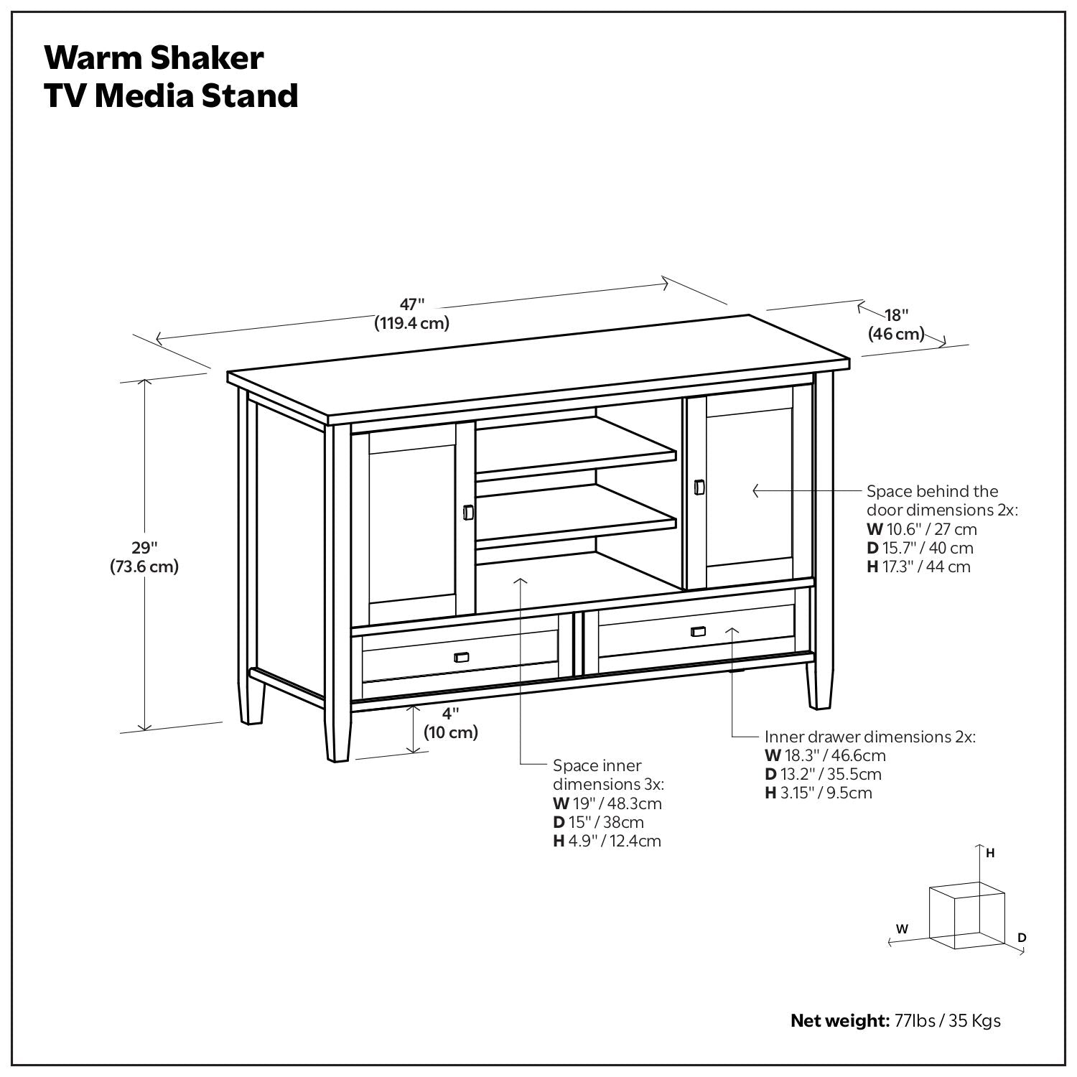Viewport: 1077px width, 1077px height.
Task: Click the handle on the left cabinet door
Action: pyautogui.click(x=468, y=512)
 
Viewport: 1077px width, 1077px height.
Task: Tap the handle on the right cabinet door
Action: pyautogui.click(x=699, y=487)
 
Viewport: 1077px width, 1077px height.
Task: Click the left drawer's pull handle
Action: pyautogui.click(x=462, y=658)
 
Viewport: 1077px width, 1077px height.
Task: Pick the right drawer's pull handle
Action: pyautogui.click(x=698, y=632)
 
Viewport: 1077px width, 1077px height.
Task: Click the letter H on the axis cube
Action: pyautogui.click(x=990, y=854)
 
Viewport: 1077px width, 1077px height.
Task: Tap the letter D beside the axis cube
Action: pyautogui.click(x=1022, y=938)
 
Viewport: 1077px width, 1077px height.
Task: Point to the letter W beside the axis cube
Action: pyautogui.click(x=903, y=928)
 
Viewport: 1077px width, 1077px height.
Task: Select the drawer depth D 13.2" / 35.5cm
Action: pyautogui.click(x=823, y=774)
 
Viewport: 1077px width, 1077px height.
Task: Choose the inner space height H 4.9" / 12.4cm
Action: pyautogui.click(x=607, y=841)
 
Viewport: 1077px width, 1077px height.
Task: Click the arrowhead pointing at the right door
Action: pyautogui.click(x=755, y=491)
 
